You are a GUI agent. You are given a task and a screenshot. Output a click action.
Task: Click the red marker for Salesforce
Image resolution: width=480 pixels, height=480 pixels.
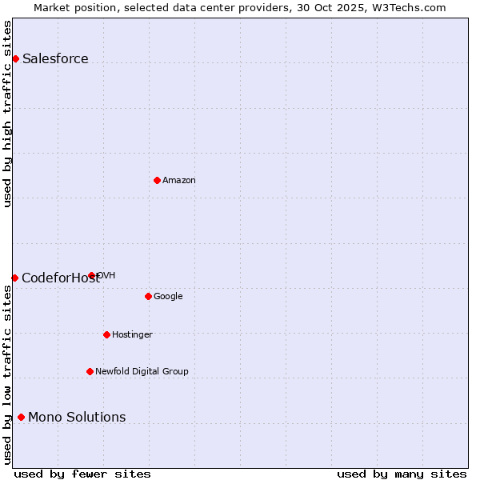tap(15, 58)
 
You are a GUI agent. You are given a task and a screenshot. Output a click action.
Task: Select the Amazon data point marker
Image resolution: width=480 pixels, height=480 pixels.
tap(157, 180)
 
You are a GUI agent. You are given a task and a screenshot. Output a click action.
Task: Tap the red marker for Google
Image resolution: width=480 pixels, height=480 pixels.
tap(148, 296)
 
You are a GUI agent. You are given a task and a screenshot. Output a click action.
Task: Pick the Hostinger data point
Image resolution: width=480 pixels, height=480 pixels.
tap(106, 334)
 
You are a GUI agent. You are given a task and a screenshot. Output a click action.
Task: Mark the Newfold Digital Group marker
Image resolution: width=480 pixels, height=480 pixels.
tap(90, 371)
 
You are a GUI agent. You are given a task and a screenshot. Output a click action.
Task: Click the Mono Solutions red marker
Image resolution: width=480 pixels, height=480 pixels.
tap(21, 417)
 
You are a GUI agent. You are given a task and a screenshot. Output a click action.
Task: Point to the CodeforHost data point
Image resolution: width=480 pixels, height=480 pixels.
tap(14, 278)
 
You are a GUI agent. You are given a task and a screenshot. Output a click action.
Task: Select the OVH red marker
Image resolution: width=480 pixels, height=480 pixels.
tap(92, 275)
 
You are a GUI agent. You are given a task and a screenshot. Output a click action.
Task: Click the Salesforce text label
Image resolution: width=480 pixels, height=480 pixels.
tap(55, 58)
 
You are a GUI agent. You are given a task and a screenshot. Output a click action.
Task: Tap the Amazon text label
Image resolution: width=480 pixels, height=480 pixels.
tap(179, 180)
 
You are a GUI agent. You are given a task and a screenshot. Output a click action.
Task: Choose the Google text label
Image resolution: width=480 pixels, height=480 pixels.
tap(168, 296)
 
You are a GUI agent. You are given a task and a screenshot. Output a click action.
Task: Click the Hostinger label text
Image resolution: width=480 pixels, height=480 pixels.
tap(132, 334)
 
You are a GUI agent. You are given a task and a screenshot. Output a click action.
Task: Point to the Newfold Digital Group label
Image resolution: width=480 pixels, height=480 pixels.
tap(142, 371)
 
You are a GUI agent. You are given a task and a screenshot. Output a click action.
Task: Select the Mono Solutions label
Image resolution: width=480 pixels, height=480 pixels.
tap(77, 417)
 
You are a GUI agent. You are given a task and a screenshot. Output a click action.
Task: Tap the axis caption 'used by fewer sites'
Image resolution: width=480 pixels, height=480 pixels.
tap(82, 474)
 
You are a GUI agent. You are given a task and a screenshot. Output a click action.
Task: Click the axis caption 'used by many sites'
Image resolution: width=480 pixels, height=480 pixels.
tap(402, 474)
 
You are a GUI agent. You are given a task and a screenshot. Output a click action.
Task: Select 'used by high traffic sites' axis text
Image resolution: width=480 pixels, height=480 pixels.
tap(7, 114)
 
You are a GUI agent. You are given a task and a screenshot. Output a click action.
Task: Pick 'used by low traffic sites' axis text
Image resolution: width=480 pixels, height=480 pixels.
tap(7, 374)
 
